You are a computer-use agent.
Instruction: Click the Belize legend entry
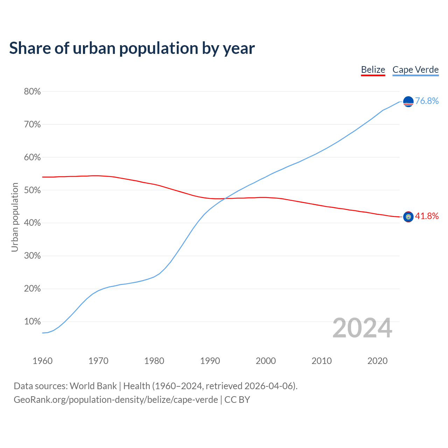373,70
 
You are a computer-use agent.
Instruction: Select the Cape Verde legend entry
415,70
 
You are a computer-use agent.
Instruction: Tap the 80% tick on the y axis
32,92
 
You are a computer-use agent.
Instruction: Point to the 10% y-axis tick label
32,322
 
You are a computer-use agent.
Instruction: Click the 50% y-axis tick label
32,190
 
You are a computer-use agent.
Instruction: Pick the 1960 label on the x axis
42,361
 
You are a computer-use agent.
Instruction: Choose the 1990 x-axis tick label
210,361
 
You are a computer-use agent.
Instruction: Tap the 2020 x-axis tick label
377,361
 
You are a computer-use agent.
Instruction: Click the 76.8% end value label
427,101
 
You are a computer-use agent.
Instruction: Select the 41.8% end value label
427,216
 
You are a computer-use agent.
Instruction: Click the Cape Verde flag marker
408,101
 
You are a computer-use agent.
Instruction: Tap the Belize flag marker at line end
408,217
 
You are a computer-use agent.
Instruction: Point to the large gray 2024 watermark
362,328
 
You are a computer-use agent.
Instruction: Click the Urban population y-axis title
15,217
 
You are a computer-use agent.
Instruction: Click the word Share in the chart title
29,48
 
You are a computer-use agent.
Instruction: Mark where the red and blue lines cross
224,198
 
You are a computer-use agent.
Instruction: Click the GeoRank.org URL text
115,400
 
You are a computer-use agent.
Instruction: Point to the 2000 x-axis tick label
266,361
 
